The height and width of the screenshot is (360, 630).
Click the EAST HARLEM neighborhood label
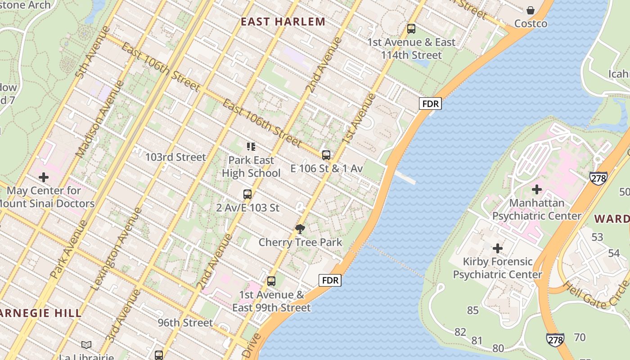point(283,22)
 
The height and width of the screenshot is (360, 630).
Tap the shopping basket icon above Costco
point(531,10)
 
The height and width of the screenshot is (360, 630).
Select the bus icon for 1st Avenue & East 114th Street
point(411,29)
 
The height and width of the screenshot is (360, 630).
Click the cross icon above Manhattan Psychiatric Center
point(536,189)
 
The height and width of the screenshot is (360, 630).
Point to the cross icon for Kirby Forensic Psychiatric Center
point(497,248)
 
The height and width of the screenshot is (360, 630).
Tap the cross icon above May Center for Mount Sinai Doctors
point(44,177)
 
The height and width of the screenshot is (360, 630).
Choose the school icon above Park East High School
point(251,146)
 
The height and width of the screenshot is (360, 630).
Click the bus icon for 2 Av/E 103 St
point(247,194)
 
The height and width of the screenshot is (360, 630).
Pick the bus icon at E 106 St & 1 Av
point(326,155)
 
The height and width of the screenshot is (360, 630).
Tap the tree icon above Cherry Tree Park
point(300,229)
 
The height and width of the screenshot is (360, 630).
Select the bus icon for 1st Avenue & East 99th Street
point(271,281)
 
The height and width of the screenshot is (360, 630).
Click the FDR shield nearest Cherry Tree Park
point(330,281)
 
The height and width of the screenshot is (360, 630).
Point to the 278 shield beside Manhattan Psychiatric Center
point(598,177)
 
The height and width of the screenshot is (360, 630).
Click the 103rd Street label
point(175,157)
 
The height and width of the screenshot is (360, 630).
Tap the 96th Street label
point(185,323)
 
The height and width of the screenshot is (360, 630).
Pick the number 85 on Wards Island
point(472,310)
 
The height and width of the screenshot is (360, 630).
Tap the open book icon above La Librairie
point(86,345)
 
